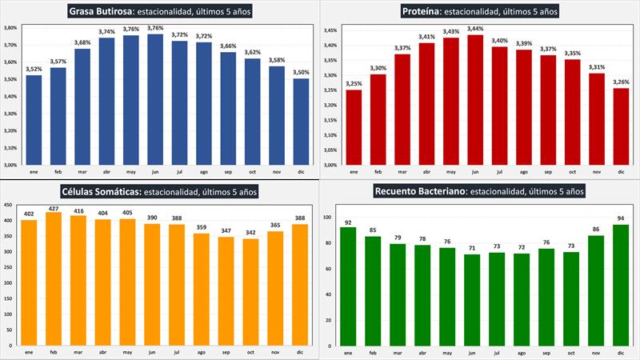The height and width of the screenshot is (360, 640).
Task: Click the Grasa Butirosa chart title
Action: [161, 11]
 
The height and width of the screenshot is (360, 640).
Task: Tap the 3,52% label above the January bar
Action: [34, 69]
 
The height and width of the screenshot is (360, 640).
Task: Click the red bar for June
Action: [475, 100]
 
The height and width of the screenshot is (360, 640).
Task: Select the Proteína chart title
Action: [480, 11]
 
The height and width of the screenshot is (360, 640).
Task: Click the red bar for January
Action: [353, 127]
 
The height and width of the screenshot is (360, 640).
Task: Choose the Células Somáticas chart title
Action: [160, 191]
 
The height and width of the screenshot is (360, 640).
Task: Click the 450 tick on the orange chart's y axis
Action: [10, 207]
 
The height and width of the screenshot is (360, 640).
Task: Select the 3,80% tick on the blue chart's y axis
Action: [10, 27]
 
